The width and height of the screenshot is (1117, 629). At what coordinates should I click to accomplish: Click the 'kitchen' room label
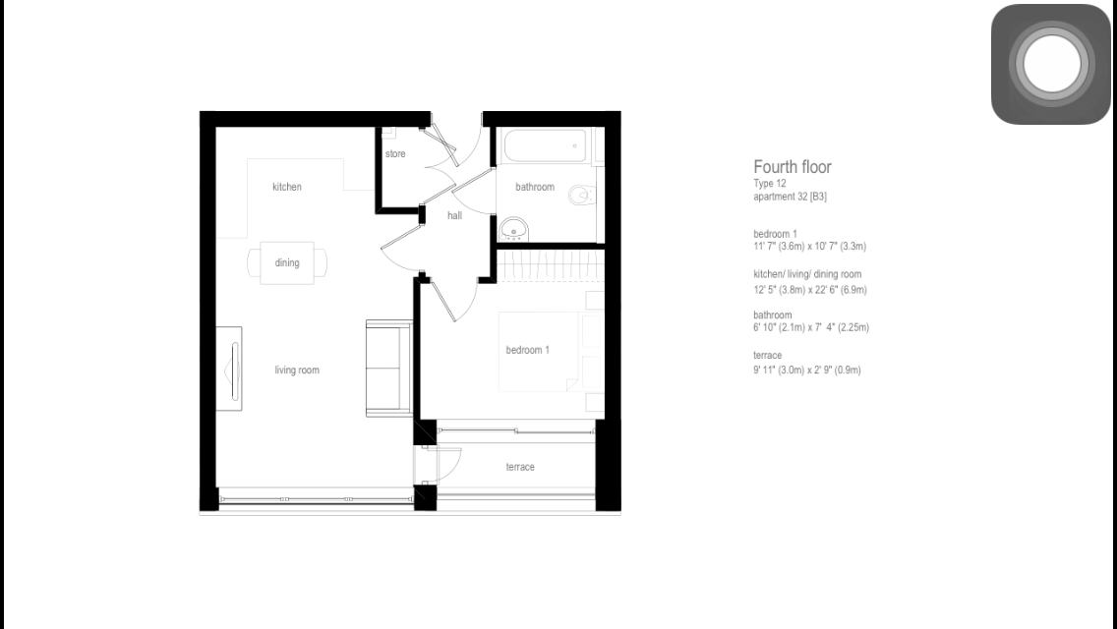(x=287, y=187)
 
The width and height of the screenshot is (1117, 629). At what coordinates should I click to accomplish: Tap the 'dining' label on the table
(x=287, y=262)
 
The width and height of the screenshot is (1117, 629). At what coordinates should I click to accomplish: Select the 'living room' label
(x=297, y=370)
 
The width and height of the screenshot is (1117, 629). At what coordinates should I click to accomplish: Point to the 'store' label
(x=395, y=154)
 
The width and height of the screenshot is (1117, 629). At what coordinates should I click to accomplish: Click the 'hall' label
(x=454, y=215)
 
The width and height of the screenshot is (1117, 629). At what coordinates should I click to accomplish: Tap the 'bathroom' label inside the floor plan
(x=535, y=187)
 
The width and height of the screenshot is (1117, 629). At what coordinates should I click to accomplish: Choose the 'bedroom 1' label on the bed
(x=528, y=350)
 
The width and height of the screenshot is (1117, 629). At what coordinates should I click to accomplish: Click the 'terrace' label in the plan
(x=520, y=467)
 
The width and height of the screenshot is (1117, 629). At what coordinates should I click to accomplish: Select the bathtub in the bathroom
(x=545, y=146)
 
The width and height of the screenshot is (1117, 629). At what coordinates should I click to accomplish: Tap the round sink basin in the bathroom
(x=513, y=229)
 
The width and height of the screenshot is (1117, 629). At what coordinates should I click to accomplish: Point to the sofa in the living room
(x=389, y=369)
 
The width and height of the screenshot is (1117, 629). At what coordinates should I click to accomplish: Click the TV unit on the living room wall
(x=229, y=369)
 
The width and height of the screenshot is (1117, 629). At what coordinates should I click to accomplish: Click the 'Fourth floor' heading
(x=793, y=167)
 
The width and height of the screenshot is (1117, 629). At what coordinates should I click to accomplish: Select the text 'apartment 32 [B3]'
(x=790, y=197)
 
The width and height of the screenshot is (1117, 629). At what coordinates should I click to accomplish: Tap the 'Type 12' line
(x=769, y=183)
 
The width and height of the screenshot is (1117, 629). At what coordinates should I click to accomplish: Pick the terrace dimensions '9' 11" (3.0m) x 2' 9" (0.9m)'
(x=807, y=370)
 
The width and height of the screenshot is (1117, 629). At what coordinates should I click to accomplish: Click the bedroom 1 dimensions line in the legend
(x=810, y=247)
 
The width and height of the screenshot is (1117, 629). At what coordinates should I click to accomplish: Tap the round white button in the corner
(x=1051, y=64)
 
